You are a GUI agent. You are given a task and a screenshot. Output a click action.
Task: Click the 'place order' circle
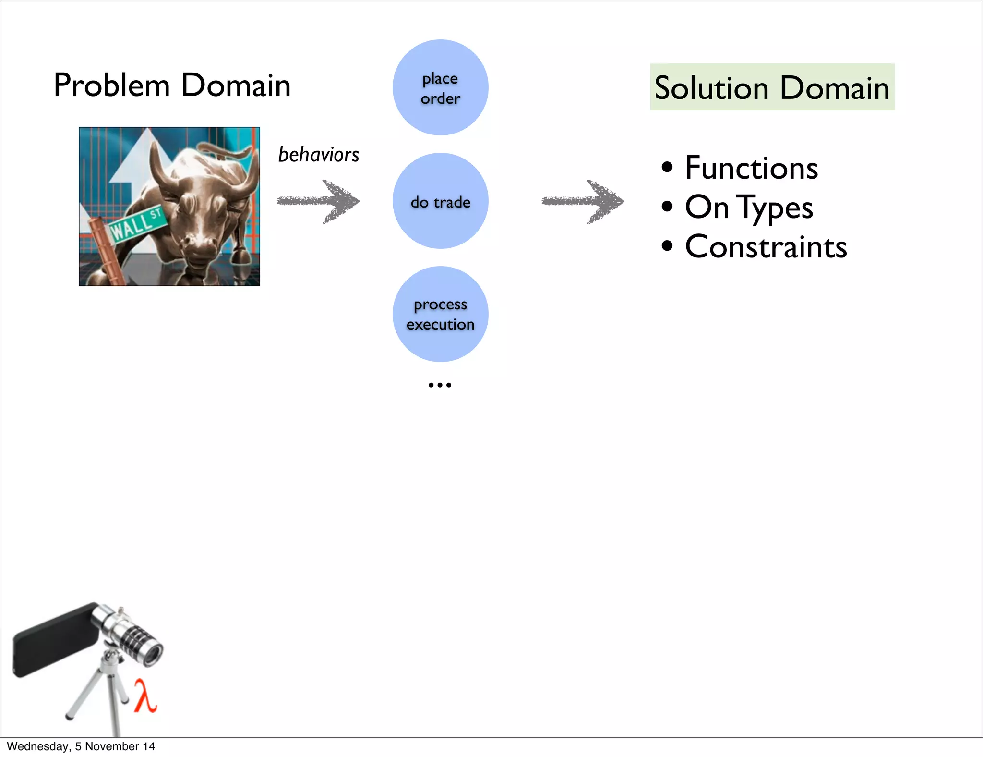(x=440, y=87)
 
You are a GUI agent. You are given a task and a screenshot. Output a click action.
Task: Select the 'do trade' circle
(x=440, y=201)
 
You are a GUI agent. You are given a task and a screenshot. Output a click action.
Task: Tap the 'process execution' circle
(x=440, y=314)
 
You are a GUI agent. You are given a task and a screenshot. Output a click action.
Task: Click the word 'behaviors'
(x=319, y=155)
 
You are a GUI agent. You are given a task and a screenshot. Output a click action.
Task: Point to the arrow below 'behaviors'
(x=318, y=201)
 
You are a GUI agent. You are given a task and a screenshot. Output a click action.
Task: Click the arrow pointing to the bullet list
(x=583, y=202)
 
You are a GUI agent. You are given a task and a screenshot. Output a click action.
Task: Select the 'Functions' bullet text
(x=751, y=168)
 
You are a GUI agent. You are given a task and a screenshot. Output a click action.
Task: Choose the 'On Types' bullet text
(x=749, y=208)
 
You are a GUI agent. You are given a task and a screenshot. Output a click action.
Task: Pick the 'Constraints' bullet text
(x=766, y=247)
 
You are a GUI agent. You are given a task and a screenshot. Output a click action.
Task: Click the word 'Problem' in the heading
(x=112, y=85)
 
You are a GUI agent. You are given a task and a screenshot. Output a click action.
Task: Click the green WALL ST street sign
(x=137, y=223)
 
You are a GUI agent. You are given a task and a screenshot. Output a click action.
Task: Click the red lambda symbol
(x=145, y=695)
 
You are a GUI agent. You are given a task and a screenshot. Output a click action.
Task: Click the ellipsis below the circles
(x=440, y=385)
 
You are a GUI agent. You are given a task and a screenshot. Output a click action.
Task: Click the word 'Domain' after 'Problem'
(x=236, y=85)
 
